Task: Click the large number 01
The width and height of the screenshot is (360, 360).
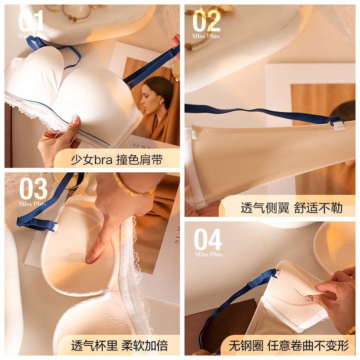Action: click(31, 21)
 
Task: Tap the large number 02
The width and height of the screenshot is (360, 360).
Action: click(207, 21)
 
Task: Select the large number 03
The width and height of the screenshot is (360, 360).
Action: click(33, 189)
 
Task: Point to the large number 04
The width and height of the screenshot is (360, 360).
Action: click(208, 239)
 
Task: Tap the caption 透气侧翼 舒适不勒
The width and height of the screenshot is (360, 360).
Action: click(292, 208)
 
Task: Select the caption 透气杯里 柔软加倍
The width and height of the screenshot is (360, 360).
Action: click(119, 346)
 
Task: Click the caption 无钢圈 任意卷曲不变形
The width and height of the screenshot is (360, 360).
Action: click(289, 346)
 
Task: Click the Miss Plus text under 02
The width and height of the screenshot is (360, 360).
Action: click(206, 36)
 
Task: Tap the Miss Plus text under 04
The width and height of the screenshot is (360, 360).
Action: click(209, 254)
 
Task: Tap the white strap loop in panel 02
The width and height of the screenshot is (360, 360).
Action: click(338, 126)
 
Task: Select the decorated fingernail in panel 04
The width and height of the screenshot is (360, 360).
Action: click(309, 299)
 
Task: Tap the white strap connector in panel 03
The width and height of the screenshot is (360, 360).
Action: click(55, 227)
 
